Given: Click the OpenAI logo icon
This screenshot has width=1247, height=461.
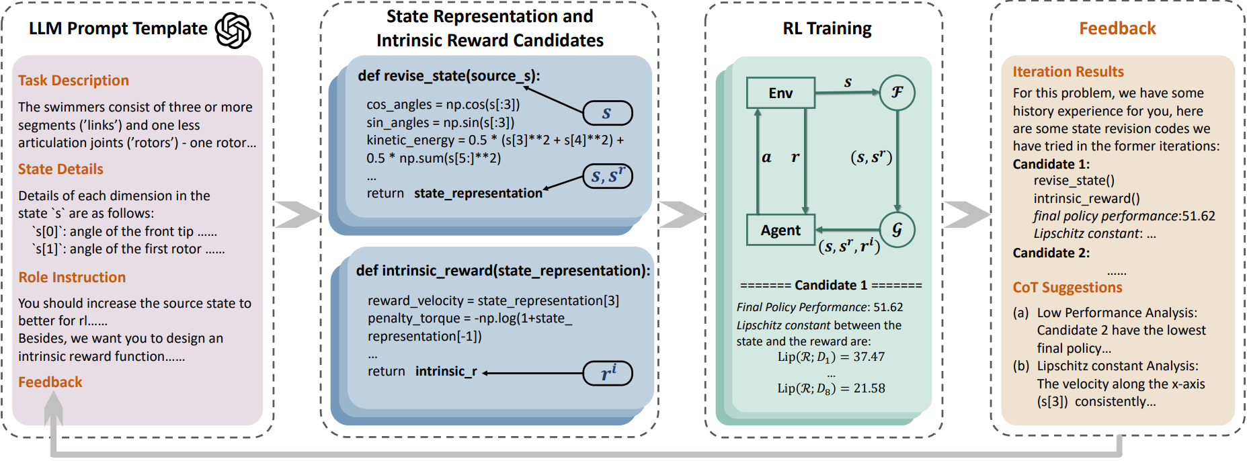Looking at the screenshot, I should [233, 30].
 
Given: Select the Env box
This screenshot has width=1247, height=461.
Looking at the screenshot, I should [780, 93].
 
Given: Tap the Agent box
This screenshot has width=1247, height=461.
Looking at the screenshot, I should [780, 230].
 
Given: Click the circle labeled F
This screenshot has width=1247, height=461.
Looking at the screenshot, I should [897, 93].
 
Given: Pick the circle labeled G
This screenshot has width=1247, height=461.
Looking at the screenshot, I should [897, 230].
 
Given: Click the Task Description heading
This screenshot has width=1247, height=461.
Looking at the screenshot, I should [73, 81].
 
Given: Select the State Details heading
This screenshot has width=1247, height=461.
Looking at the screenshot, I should [61, 169].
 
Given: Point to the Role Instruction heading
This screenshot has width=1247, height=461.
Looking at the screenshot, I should [72, 278].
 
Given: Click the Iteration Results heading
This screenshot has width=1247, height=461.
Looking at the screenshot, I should [1068, 72].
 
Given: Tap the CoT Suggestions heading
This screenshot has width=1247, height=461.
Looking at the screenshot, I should [1068, 288].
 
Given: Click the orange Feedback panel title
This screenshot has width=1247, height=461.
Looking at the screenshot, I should [1117, 28].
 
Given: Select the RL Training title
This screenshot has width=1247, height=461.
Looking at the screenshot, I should [827, 28].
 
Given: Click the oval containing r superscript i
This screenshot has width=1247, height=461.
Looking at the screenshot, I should [608, 373].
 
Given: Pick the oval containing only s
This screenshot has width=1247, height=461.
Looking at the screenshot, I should [607, 113].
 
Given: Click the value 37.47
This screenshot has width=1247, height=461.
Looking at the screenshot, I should [869, 357].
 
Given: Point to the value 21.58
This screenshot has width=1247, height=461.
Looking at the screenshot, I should [869, 388].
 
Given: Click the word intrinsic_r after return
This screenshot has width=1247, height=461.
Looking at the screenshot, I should [446, 372].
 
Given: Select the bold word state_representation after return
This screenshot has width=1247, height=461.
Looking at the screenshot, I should [478, 194].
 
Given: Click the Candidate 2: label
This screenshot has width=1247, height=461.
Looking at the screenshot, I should [1051, 253].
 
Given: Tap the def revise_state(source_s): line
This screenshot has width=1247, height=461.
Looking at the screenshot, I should [448, 76].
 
